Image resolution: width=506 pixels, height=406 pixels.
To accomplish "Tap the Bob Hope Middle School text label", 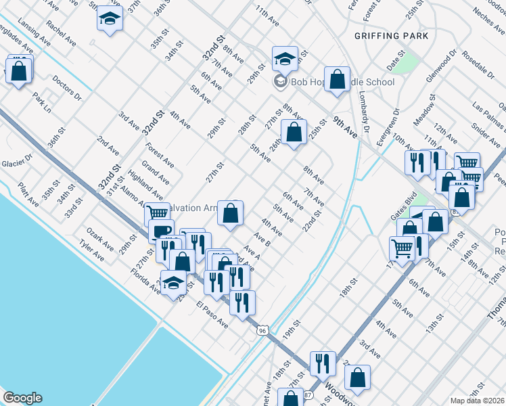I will pyautogui.click(x=342, y=83).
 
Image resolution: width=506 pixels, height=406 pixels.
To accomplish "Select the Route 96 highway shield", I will pyautogui.click(x=262, y=330).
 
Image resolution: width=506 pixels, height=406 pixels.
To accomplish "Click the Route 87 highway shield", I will pyautogui.click(x=308, y=394).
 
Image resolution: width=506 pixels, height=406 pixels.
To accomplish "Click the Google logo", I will pyautogui.click(x=22, y=398).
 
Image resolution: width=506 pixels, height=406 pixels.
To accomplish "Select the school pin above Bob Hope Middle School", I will pyautogui.click(x=285, y=59).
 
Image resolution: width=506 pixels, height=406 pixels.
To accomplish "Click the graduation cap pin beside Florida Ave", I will pyautogui.click(x=174, y=283).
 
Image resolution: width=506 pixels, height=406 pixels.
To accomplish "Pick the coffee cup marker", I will pyautogui.click(x=161, y=231).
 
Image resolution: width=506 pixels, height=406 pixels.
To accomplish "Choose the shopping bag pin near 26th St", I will pyautogui.click(x=294, y=133).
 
